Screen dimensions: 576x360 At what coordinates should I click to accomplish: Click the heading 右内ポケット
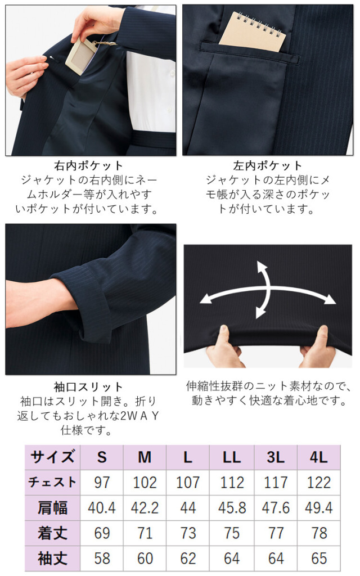pos(88,166)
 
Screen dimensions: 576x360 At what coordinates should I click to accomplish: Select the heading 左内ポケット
pos(268,166)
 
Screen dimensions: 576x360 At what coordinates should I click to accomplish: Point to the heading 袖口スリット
pos(88,387)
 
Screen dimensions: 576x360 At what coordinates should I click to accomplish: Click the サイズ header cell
pos(52,457)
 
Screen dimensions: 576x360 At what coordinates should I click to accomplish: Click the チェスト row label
pos(52,483)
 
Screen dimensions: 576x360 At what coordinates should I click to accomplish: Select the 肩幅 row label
pos(52,508)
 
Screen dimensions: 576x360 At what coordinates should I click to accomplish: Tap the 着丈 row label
pos(52,533)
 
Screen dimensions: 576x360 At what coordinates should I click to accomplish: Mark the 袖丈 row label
pos(52,558)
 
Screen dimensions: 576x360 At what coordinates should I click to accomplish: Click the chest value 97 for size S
pos(102,483)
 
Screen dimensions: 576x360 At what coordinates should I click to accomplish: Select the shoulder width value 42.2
pos(145,508)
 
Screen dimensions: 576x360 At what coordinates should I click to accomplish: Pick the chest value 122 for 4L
pos(319,483)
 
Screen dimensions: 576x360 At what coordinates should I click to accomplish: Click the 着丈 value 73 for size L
pos(188,533)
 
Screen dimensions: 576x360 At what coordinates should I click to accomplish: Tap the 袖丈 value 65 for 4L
pos(319,558)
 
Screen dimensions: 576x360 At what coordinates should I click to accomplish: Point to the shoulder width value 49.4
pos(319,508)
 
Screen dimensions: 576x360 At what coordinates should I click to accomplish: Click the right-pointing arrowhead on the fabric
pos(331,299)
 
